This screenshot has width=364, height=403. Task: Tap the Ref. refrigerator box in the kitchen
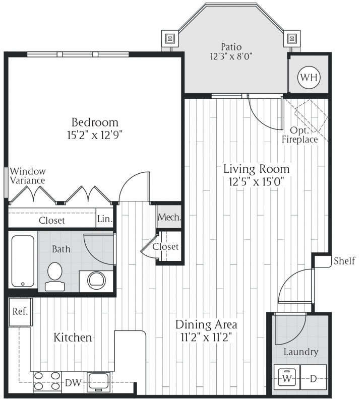[x=21, y=311]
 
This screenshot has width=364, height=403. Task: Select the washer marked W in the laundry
[x=287, y=377]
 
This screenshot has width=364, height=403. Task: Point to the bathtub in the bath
[x=23, y=260]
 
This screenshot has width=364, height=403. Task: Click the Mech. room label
[x=169, y=218]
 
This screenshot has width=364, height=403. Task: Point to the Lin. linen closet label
[x=104, y=220]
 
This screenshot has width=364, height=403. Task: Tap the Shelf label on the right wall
[x=344, y=260]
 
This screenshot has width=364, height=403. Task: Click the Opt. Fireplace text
[x=300, y=135]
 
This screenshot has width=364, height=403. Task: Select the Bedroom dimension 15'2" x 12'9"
[x=95, y=135]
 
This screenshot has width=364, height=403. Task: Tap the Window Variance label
[x=28, y=176]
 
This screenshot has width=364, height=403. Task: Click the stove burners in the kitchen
[x=46, y=381]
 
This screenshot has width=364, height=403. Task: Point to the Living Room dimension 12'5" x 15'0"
[x=257, y=181]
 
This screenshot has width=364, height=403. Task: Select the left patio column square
[x=170, y=38]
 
